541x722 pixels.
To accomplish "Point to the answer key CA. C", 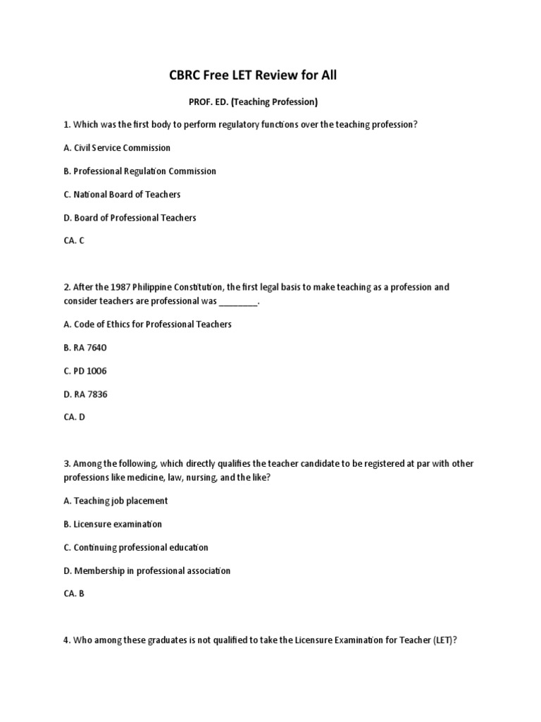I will pos(74,240).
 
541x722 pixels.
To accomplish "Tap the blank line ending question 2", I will pos(239,302).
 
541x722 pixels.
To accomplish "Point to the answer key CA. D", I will pos(74,417).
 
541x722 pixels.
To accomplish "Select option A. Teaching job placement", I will pos(116,501).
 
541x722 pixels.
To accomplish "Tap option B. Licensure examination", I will pos(113,525).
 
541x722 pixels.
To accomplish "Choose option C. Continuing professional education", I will pos(136,548).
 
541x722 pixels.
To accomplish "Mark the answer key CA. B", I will pos(74,594).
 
